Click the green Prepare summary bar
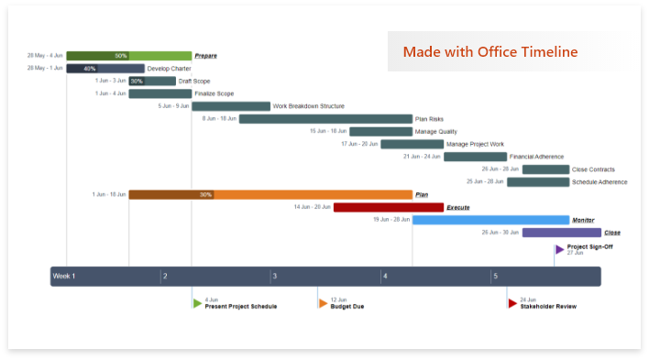pyautogui.click(x=128, y=56)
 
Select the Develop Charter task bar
pyautogui.click(x=104, y=69)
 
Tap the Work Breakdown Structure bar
pyautogui.click(x=230, y=106)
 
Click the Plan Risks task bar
pyautogui.click(x=325, y=119)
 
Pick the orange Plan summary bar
pyautogui.click(x=270, y=194)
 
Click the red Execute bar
pyautogui.click(x=388, y=207)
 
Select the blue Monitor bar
pyautogui.click(x=490, y=220)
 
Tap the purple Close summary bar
pyautogui.click(x=561, y=233)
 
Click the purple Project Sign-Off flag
pyautogui.click(x=559, y=249)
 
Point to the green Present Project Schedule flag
pyautogui.click(x=197, y=303)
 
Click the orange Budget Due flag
pyautogui.click(x=323, y=303)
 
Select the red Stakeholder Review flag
pyautogui.click(x=512, y=303)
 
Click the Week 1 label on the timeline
pyautogui.click(x=64, y=277)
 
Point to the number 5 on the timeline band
pyautogui.click(x=495, y=277)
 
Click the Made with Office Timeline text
pyautogui.click(x=489, y=51)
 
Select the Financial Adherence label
pyautogui.click(x=536, y=157)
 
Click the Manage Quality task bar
pyautogui.click(x=380, y=131)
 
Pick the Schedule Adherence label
pyautogui.click(x=599, y=181)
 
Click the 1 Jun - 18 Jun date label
pyautogui.click(x=108, y=194)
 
